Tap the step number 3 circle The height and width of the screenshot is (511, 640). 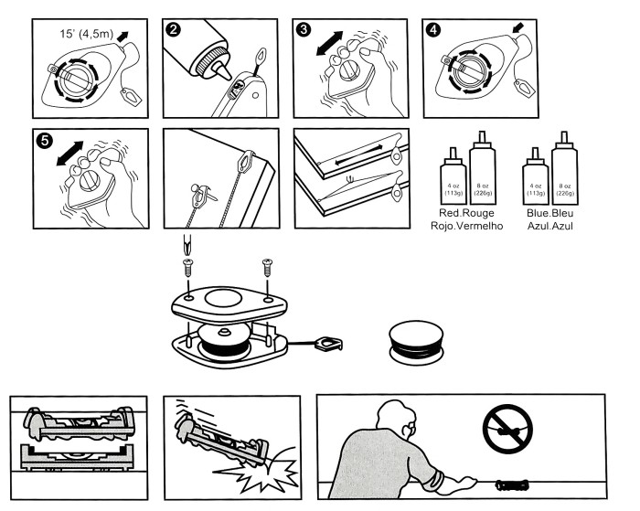coord(304,30)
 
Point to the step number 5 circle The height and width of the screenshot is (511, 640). coord(42,142)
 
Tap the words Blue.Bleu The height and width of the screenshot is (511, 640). coord(549,211)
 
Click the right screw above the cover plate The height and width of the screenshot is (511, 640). coord(267,268)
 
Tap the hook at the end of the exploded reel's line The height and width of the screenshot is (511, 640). coord(326,346)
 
